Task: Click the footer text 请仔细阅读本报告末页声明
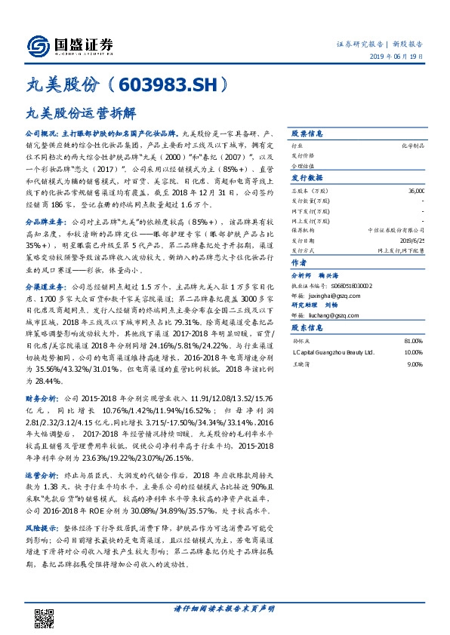224,609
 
